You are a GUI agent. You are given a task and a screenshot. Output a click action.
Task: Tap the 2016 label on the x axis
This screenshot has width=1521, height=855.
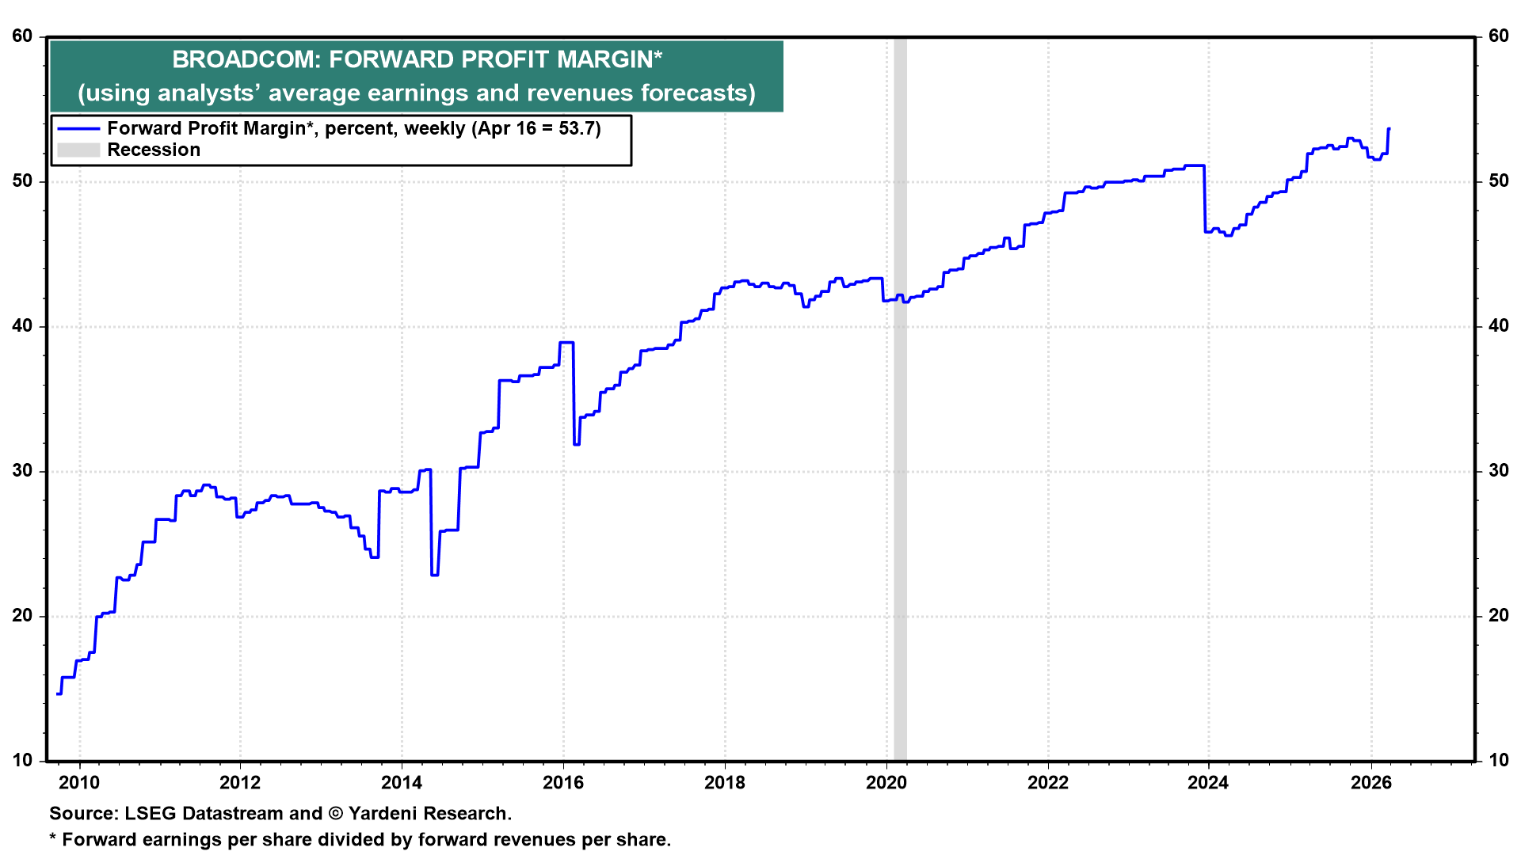coord(563,783)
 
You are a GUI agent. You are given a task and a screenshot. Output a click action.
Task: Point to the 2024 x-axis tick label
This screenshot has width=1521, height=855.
coord(1208,783)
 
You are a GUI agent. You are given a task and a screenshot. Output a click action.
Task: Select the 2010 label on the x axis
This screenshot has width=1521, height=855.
coord(80,783)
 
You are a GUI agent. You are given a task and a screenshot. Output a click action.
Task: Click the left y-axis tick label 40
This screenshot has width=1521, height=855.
coord(22,326)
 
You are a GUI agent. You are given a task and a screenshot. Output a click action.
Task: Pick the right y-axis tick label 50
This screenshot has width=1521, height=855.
coord(1499,181)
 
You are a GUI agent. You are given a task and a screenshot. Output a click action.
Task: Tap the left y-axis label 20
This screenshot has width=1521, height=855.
coord(22,616)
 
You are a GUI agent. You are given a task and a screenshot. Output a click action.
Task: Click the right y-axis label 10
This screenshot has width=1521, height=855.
coord(1499,761)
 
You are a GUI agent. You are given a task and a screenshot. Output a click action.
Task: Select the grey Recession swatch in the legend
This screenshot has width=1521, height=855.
coord(78,150)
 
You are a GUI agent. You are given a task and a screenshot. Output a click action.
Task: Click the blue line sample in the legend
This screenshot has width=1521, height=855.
coord(78,128)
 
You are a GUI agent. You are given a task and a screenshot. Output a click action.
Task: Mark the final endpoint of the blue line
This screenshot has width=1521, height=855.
coord(1389,128)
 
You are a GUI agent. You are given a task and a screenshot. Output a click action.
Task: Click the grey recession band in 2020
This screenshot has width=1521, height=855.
coord(900,399)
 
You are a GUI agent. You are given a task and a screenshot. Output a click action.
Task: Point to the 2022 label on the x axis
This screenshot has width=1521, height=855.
coord(1048,783)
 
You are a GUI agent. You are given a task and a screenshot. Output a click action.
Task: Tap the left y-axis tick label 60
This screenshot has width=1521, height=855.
coord(22,36)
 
